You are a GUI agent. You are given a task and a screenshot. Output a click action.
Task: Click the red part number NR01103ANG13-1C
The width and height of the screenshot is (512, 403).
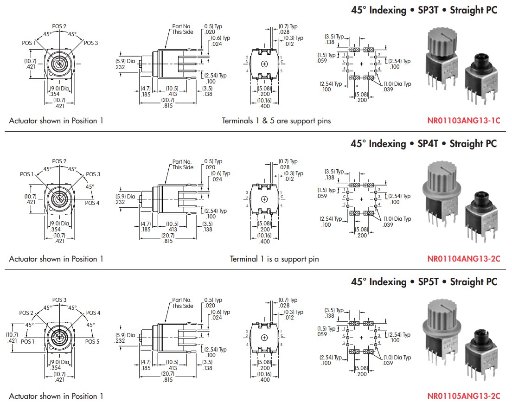[x=463, y=121]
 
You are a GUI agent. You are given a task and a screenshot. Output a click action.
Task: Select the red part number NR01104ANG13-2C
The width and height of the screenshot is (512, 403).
[x=463, y=259]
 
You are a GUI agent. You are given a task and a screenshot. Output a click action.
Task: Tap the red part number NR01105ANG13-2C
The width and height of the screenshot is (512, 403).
[x=463, y=396]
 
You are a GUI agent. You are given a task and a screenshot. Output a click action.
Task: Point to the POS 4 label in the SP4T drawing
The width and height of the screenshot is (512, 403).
[x=92, y=203]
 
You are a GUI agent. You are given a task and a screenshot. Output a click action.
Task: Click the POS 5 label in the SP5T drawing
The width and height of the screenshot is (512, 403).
[x=92, y=341]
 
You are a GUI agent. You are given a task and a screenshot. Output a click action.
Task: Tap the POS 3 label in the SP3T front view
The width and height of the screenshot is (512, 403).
[x=91, y=43]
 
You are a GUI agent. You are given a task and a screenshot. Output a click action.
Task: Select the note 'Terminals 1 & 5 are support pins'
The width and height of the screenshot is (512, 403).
[x=276, y=121]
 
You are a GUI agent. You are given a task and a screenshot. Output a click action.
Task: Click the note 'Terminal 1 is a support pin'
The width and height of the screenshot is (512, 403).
[x=275, y=259]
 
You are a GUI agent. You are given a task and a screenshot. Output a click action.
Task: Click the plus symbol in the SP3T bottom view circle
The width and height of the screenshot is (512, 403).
[x=264, y=64]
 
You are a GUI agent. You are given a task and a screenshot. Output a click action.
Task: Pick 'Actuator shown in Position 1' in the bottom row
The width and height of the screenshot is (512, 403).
[x=56, y=396]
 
